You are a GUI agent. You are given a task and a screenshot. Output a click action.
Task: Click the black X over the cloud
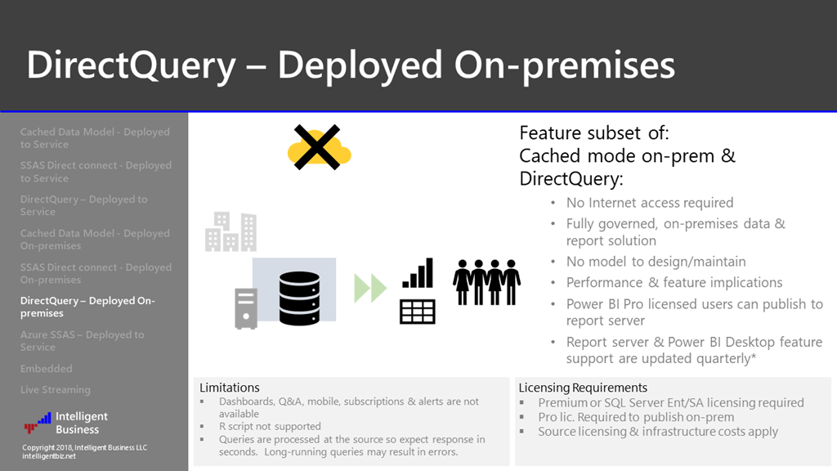(318, 147)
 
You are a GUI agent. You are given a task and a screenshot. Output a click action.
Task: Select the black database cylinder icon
(300, 298)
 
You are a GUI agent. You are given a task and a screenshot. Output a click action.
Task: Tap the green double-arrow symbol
(369, 288)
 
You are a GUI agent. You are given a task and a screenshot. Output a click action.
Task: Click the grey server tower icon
(246, 308)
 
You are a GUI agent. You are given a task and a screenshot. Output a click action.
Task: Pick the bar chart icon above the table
(418, 274)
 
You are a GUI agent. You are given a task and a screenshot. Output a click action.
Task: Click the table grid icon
(418, 312)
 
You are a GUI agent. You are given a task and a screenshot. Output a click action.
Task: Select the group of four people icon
(487, 282)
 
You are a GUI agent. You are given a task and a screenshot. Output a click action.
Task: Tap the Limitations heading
(230, 388)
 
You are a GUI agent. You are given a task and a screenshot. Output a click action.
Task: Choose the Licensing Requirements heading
(583, 388)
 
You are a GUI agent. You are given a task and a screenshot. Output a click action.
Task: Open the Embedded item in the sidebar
(47, 369)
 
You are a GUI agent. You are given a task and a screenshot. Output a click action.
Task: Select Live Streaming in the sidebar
(56, 390)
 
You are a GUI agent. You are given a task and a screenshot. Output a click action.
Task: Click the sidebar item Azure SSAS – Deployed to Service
(82, 341)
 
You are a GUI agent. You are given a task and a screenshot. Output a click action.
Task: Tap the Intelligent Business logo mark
(37, 423)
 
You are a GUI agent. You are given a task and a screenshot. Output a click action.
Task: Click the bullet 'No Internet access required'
(650, 202)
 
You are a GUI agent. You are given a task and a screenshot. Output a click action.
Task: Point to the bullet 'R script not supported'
(270, 426)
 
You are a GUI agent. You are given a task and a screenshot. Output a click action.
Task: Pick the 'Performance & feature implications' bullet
(674, 282)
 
